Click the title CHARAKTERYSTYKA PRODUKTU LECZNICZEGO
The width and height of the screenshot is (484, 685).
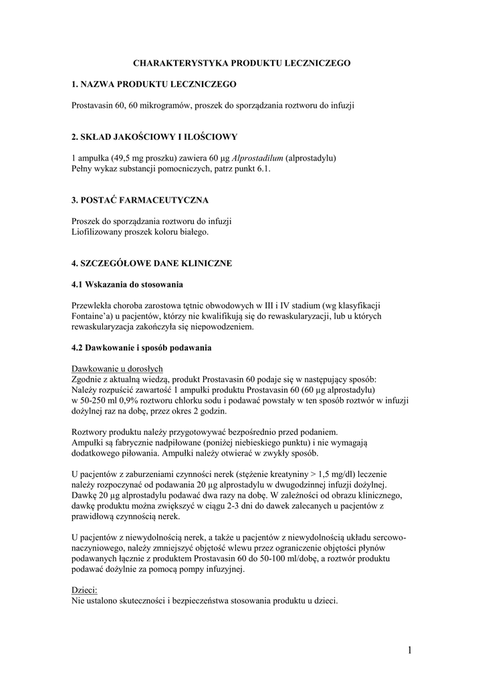(x=241, y=62)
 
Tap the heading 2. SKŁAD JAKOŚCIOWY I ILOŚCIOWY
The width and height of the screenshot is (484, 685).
(x=154, y=136)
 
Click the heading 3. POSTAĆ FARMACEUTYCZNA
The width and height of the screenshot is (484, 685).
(x=140, y=199)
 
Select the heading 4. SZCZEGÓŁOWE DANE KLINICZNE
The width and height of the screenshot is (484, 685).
(x=152, y=263)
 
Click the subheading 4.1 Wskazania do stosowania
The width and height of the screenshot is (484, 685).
(x=127, y=284)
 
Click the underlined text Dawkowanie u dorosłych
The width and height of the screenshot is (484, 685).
(x=117, y=369)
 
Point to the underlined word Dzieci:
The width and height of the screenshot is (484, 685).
(x=84, y=590)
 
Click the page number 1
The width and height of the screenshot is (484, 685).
(x=408, y=649)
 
